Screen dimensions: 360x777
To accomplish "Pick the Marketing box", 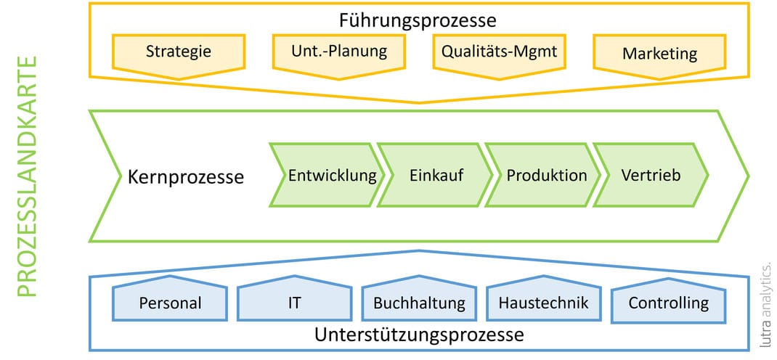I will tap(659, 54).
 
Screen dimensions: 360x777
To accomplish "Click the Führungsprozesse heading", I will tap(418, 20).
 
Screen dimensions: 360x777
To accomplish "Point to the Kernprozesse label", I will tap(186, 177).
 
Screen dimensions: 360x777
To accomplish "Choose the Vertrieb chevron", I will tap(651, 176).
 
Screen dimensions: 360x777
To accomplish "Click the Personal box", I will tap(170, 302).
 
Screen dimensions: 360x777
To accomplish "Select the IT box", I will tap(294, 302).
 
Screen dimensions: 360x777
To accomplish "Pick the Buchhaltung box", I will tap(418, 302).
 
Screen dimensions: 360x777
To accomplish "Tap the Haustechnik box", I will tap(543, 302).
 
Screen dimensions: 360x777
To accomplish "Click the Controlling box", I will tap(668, 302).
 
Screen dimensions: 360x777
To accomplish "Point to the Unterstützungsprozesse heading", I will tap(419, 335).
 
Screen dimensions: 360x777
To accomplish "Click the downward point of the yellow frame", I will tap(419, 102).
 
